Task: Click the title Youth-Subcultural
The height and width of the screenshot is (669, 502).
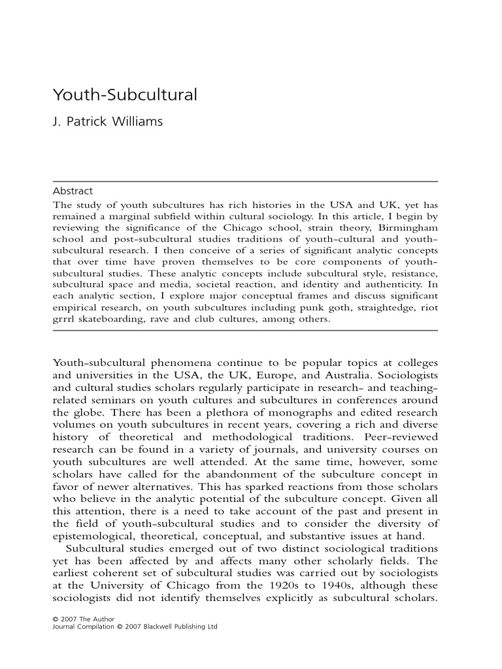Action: pos(124,95)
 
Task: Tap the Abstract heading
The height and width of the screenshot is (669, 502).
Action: pos(72,191)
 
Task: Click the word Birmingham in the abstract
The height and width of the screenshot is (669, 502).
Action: pos(407,226)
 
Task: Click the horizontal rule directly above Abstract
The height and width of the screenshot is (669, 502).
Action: pos(245,181)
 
